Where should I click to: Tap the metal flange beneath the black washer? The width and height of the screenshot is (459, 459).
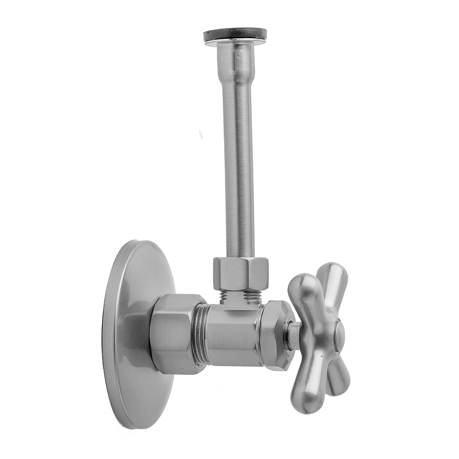[x=235, y=43]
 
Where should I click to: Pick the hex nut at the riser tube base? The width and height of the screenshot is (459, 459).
[x=241, y=274]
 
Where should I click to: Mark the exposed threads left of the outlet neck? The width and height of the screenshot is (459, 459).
[x=224, y=296]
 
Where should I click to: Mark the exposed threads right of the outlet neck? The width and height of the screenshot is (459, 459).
[x=252, y=296]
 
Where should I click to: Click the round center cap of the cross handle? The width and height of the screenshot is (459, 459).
[x=339, y=335]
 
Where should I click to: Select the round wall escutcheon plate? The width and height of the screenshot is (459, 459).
[x=133, y=335]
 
